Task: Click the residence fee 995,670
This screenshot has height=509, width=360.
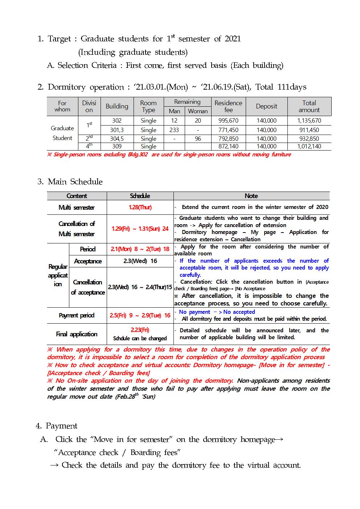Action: click(x=228, y=121)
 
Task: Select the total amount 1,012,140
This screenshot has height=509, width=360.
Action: click(x=309, y=147)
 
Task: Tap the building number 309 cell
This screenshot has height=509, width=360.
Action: click(x=117, y=147)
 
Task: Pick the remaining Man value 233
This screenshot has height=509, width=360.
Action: click(x=174, y=130)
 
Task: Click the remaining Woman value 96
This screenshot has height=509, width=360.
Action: click(x=198, y=139)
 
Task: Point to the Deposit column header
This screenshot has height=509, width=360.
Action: click(x=266, y=106)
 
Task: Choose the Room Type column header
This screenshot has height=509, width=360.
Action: click(x=148, y=106)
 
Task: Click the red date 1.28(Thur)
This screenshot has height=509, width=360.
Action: click(x=140, y=208)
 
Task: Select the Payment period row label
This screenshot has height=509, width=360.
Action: click(x=77, y=316)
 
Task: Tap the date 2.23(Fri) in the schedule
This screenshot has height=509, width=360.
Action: click(x=140, y=330)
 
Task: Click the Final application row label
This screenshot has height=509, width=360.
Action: click(x=77, y=334)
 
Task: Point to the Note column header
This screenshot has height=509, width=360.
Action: click(x=251, y=196)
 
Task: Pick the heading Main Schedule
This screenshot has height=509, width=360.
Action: click(x=75, y=182)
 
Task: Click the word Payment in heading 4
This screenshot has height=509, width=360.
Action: click(x=61, y=426)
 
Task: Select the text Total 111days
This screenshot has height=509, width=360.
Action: click(x=281, y=87)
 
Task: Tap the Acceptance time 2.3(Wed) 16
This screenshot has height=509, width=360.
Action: click(x=140, y=261)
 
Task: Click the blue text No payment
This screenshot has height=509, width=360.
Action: click(x=195, y=312)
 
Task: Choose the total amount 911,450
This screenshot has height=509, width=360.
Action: click(x=309, y=130)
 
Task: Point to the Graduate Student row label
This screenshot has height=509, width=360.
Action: click(x=62, y=133)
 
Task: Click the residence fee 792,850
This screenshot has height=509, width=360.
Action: click(x=228, y=139)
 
